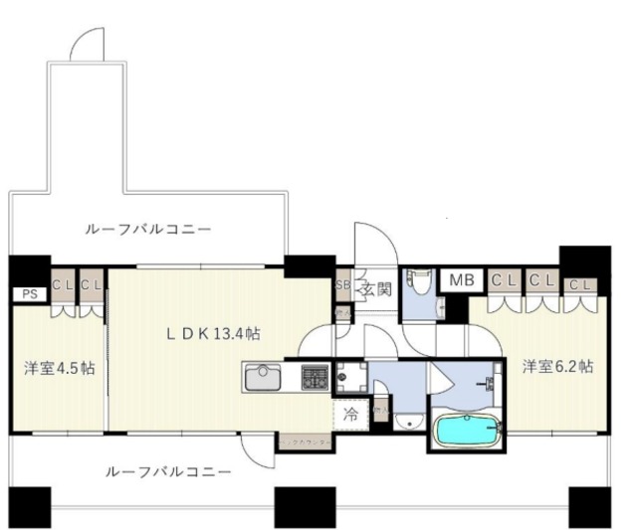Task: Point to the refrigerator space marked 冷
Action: pos(349,413)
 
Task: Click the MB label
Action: pos(462,281)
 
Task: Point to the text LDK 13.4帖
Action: pos(213,333)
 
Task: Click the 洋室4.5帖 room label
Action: pos(60,367)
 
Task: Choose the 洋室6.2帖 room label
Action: pos(557,366)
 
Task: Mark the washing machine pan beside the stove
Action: pos(350,377)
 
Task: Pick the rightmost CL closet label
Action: pos(578,285)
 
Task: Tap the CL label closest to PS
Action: pos(62,284)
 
